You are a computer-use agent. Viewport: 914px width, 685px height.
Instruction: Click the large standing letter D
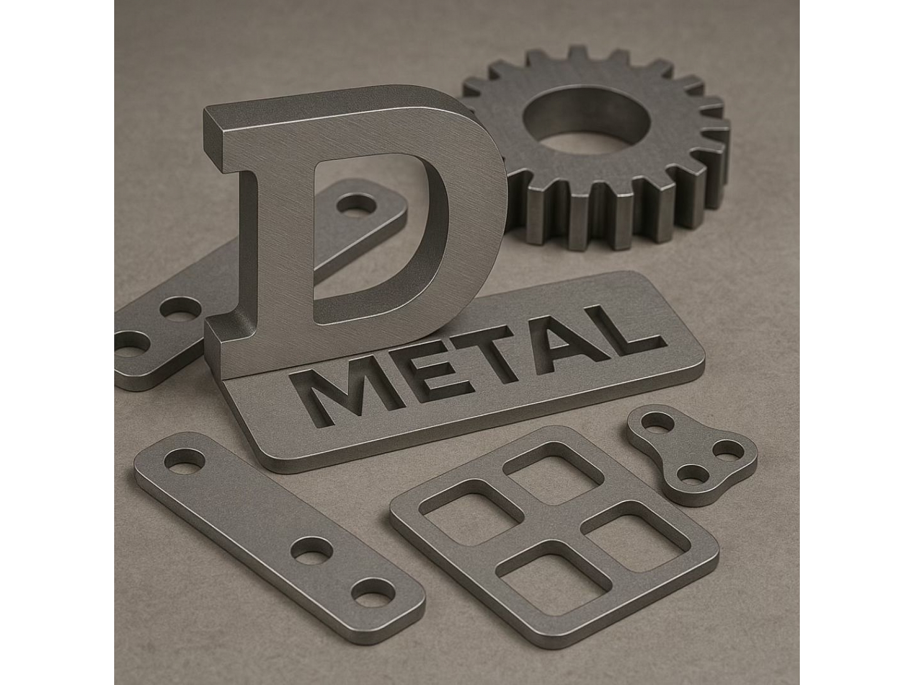[256, 228]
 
